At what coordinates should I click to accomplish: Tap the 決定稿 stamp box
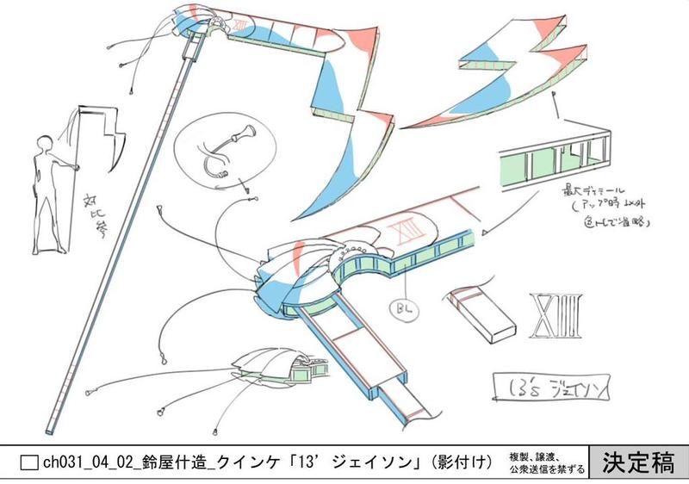pos(639,463)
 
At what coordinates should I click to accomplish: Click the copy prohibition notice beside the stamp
pos(547,463)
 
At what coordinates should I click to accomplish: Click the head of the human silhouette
pos(47,141)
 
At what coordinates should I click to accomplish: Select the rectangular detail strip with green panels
pos(552,156)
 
